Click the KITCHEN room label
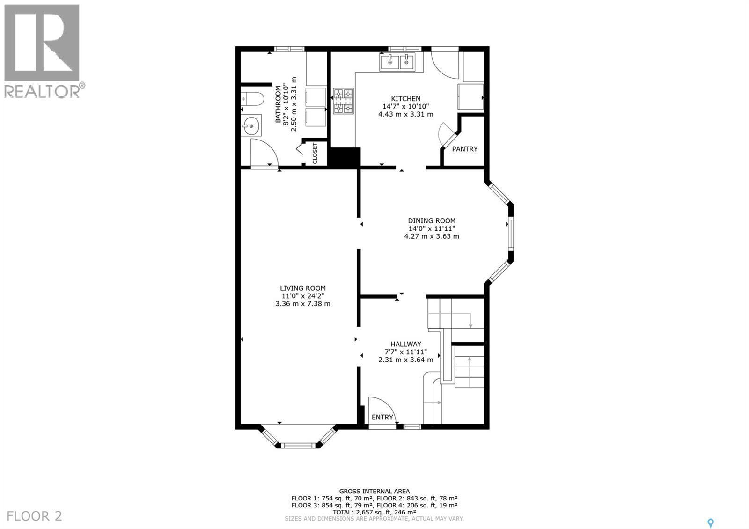[405, 99]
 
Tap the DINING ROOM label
[431, 221]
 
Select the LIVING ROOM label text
[303, 288]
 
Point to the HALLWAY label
[406, 344]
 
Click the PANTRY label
[464, 149]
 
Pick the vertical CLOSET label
[315, 153]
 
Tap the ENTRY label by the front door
[382, 417]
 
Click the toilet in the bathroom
[252, 99]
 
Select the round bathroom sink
[252, 125]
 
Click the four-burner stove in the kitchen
[343, 102]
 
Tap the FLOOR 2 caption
[35, 516]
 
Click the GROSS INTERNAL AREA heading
[374, 491]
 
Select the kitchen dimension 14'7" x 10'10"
[405, 106]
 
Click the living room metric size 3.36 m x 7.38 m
[303, 303]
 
